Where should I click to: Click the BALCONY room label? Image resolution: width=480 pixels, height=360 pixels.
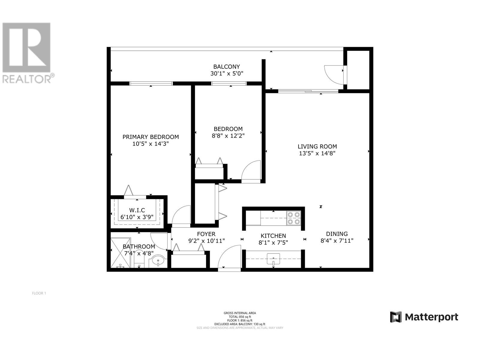pyautogui.click(x=226, y=67)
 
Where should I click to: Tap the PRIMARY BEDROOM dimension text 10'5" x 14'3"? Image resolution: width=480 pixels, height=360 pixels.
pyautogui.click(x=151, y=144)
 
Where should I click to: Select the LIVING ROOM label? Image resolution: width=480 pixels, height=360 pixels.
pyautogui.click(x=317, y=146)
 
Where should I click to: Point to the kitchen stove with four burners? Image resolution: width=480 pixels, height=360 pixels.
pyautogui.click(x=294, y=218)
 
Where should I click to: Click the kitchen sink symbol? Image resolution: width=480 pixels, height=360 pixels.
pyautogui.click(x=273, y=259)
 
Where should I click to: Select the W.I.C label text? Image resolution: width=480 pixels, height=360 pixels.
pyautogui.click(x=137, y=210)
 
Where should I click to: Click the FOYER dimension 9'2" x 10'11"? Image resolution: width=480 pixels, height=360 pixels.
pyautogui.click(x=206, y=241)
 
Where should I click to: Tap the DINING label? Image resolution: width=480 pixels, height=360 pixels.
pyautogui.click(x=337, y=234)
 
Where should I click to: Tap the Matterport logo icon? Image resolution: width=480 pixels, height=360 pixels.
pyautogui.click(x=396, y=317)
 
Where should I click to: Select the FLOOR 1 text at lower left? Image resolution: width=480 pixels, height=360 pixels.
pyautogui.click(x=39, y=293)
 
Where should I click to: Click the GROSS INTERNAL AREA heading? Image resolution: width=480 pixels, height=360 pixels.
pyautogui.click(x=240, y=313)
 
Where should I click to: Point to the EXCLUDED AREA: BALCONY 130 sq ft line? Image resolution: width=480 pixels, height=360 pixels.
pyautogui.click(x=240, y=324)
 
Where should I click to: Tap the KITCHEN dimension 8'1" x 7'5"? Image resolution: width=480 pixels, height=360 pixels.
pyautogui.click(x=273, y=242)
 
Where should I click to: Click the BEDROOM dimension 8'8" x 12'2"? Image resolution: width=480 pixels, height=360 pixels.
pyautogui.click(x=228, y=136)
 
